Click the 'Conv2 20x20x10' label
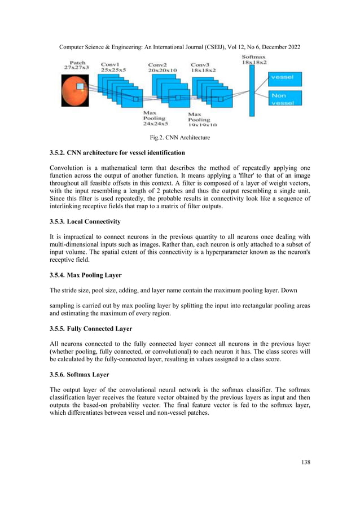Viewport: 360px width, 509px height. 162,68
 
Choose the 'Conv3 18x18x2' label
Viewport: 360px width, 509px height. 204,68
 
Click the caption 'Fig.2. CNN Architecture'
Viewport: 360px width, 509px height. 179,137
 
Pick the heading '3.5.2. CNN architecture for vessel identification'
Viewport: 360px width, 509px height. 117,153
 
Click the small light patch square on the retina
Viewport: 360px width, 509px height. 80,86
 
